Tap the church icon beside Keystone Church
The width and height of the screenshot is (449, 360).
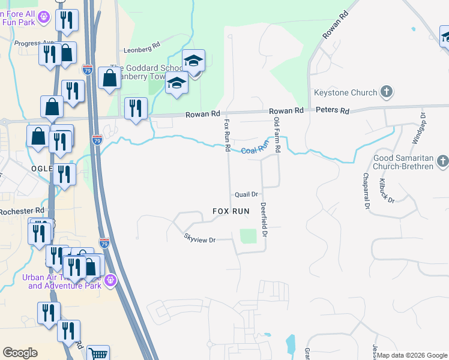click(387, 92)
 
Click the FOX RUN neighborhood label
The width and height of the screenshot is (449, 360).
click(231, 211)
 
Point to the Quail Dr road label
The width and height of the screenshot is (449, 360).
click(246, 194)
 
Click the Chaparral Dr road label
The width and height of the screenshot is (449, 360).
click(365, 191)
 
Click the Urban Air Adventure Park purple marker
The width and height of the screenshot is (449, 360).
click(110, 280)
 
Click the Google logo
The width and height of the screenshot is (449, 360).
click(20, 353)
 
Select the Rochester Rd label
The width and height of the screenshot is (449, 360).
click(22, 211)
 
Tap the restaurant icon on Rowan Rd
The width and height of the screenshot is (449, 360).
click(136, 109)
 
